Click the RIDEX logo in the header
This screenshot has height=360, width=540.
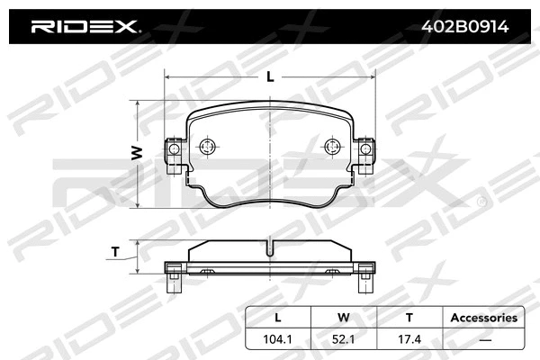point(85,27)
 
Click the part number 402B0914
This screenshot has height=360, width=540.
point(465,27)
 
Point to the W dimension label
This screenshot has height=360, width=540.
point(138,153)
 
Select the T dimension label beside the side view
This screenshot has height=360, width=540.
point(115,252)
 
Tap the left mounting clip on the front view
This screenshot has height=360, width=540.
point(174,155)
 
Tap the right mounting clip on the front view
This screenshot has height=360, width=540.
point(364,155)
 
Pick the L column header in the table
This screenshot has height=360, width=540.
point(277,318)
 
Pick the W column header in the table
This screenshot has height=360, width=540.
point(343,318)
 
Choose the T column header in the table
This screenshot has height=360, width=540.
point(409,318)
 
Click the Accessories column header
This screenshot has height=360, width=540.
point(483,318)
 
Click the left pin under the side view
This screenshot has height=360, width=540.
point(175,283)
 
